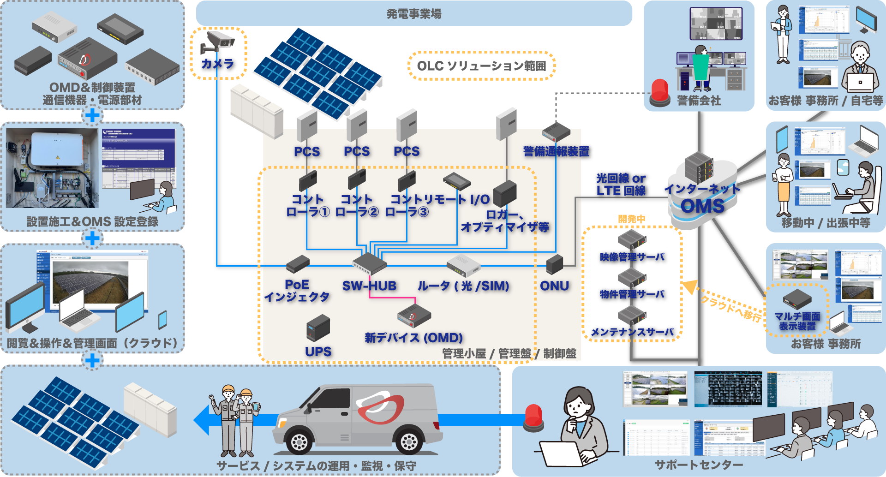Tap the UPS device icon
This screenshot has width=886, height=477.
pyautogui.click(x=318, y=328)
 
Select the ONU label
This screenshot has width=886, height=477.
pyautogui.click(x=554, y=286)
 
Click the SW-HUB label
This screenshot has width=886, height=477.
pyautogui.click(x=369, y=286)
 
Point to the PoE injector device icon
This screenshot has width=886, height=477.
pyautogui.click(x=298, y=264)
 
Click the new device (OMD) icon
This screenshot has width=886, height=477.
pyautogui.click(x=413, y=316)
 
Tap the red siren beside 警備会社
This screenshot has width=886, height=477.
pyautogui.click(x=660, y=93)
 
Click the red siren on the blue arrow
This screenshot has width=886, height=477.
pyautogui.click(x=533, y=417)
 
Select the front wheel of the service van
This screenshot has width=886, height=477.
pyautogui.click(x=299, y=441)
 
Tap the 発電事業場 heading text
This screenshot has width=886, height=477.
pyautogui.click(x=413, y=14)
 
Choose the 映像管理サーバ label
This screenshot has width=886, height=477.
pyautogui.click(x=632, y=257)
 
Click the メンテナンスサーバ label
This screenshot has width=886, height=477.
pyautogui.click(x=632, y=332)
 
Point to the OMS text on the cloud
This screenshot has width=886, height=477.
pyautogui.click(x=702, y=206)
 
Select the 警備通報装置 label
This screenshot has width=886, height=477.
pyautogui.click(x=556, y=151)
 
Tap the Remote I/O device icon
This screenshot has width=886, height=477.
pyautogui.click(x=456, y=181)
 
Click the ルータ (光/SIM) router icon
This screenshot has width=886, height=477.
pyautogui.click(x=463, y=266)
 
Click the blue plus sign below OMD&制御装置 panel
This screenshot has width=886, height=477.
pyautogui.click(x=92, y=115)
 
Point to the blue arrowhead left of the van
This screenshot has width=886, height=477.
pyautogui.click(x=202, y=420)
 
